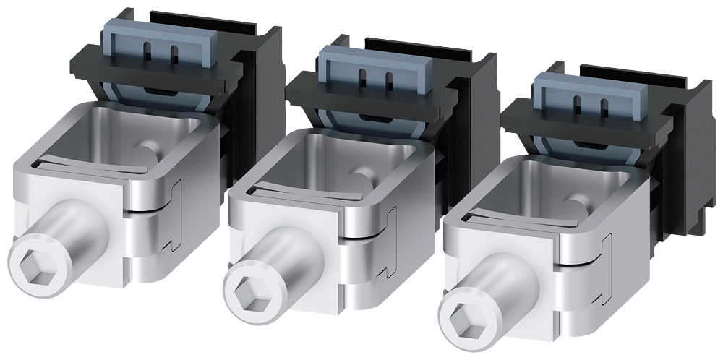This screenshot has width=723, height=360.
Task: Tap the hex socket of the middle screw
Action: click(247, 294)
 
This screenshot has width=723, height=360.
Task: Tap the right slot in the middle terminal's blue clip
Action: click(389, 79)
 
